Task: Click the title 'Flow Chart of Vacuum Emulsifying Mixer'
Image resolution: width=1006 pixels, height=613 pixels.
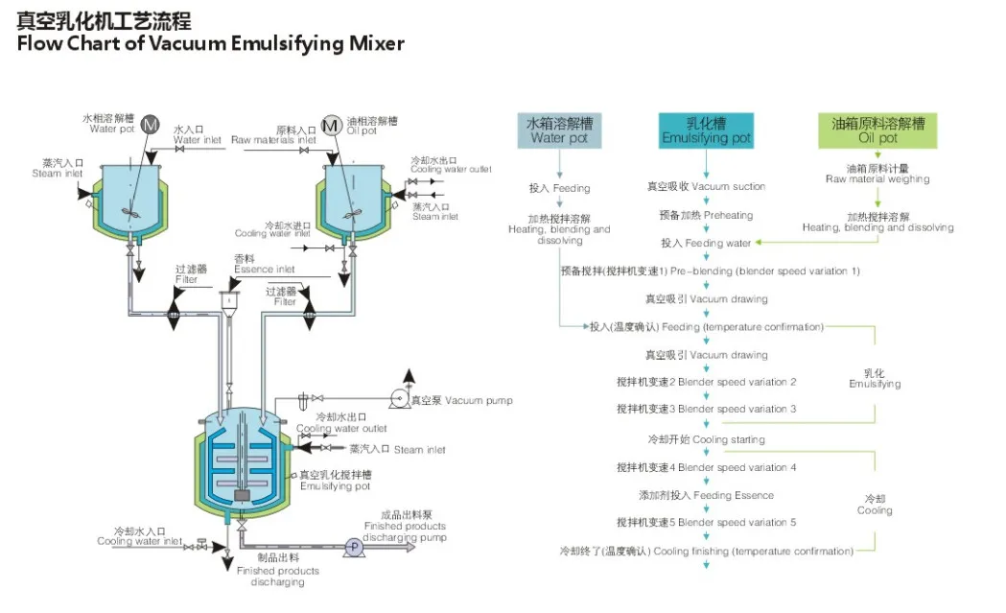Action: [x=210, y=43]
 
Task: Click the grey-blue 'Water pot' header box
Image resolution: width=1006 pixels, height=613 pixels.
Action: [x=560, y=130]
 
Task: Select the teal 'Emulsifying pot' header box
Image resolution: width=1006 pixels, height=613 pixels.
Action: [x=706, y=130]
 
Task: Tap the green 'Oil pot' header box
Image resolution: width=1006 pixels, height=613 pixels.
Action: [x=877, y=130]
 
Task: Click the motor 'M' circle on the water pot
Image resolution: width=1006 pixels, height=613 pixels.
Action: [x=151, y=125]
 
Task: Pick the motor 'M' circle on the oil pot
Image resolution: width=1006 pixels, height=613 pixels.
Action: [x=330, y=126]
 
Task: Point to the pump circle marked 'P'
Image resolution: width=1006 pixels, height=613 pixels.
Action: [x=353, y=545]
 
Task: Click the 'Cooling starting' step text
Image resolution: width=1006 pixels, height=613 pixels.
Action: [x=706, y=439]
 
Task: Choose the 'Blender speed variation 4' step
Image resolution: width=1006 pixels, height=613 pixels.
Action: [x=706, y=467]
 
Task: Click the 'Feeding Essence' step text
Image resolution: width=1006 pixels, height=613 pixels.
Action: [x=706, y=495]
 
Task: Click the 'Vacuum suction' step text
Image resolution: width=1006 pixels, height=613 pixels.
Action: [x=706, y=186]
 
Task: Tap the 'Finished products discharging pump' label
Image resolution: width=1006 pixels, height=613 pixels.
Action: [x=405, y=526]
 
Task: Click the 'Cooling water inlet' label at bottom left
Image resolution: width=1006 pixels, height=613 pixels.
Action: [x=139, y=536]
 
